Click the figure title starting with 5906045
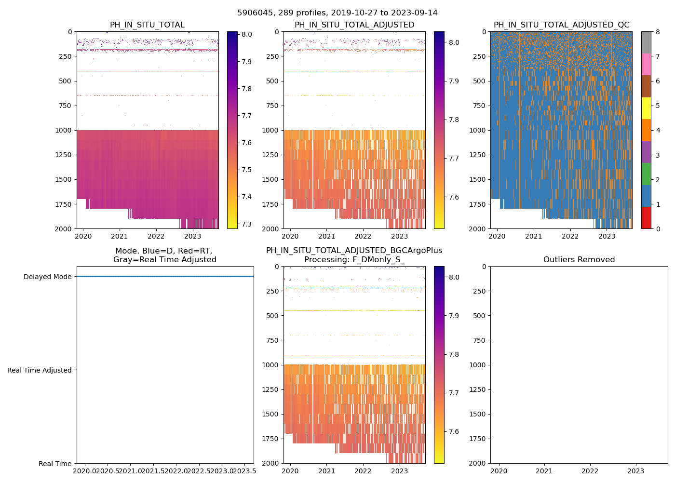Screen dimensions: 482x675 pos(337,13)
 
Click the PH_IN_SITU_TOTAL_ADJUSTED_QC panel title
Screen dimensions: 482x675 pos(561,25)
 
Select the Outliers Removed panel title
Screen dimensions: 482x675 pos(579,260)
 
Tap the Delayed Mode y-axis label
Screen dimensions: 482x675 pos(48,277)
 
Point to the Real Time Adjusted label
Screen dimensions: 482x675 pos(40,370)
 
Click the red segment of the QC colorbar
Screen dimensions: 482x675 pos(646,218)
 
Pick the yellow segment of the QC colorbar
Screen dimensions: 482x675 pos(646,108)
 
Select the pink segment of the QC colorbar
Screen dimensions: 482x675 pos(646,65)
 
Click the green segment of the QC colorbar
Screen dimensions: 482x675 pos(646,174)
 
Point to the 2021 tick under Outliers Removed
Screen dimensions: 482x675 pos(544,471)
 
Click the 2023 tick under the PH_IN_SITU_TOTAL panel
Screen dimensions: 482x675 pos(193,236)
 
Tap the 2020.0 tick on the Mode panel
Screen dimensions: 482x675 pos(84,471)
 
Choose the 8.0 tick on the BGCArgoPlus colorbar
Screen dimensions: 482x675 pos(454,277)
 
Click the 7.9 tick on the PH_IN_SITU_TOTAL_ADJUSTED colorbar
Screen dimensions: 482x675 pos(454,81)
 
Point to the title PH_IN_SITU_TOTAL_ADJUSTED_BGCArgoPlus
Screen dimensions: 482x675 pos(354,251)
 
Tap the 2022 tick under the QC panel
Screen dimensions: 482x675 pos(570,236)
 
